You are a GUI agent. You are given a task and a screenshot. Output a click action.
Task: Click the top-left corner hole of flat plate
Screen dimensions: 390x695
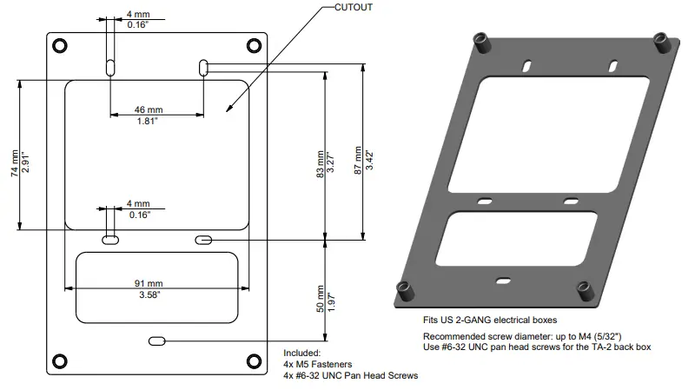58,44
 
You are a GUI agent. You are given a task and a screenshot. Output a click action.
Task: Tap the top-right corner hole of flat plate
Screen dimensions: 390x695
254,44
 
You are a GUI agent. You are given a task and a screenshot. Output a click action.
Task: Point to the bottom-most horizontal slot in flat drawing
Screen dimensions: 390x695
157,341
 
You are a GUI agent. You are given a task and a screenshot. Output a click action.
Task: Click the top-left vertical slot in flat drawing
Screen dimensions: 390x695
111,67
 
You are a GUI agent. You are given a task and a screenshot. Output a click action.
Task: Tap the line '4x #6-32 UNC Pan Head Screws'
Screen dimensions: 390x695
350,376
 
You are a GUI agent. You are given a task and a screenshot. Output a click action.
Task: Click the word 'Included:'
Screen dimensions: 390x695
303,354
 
